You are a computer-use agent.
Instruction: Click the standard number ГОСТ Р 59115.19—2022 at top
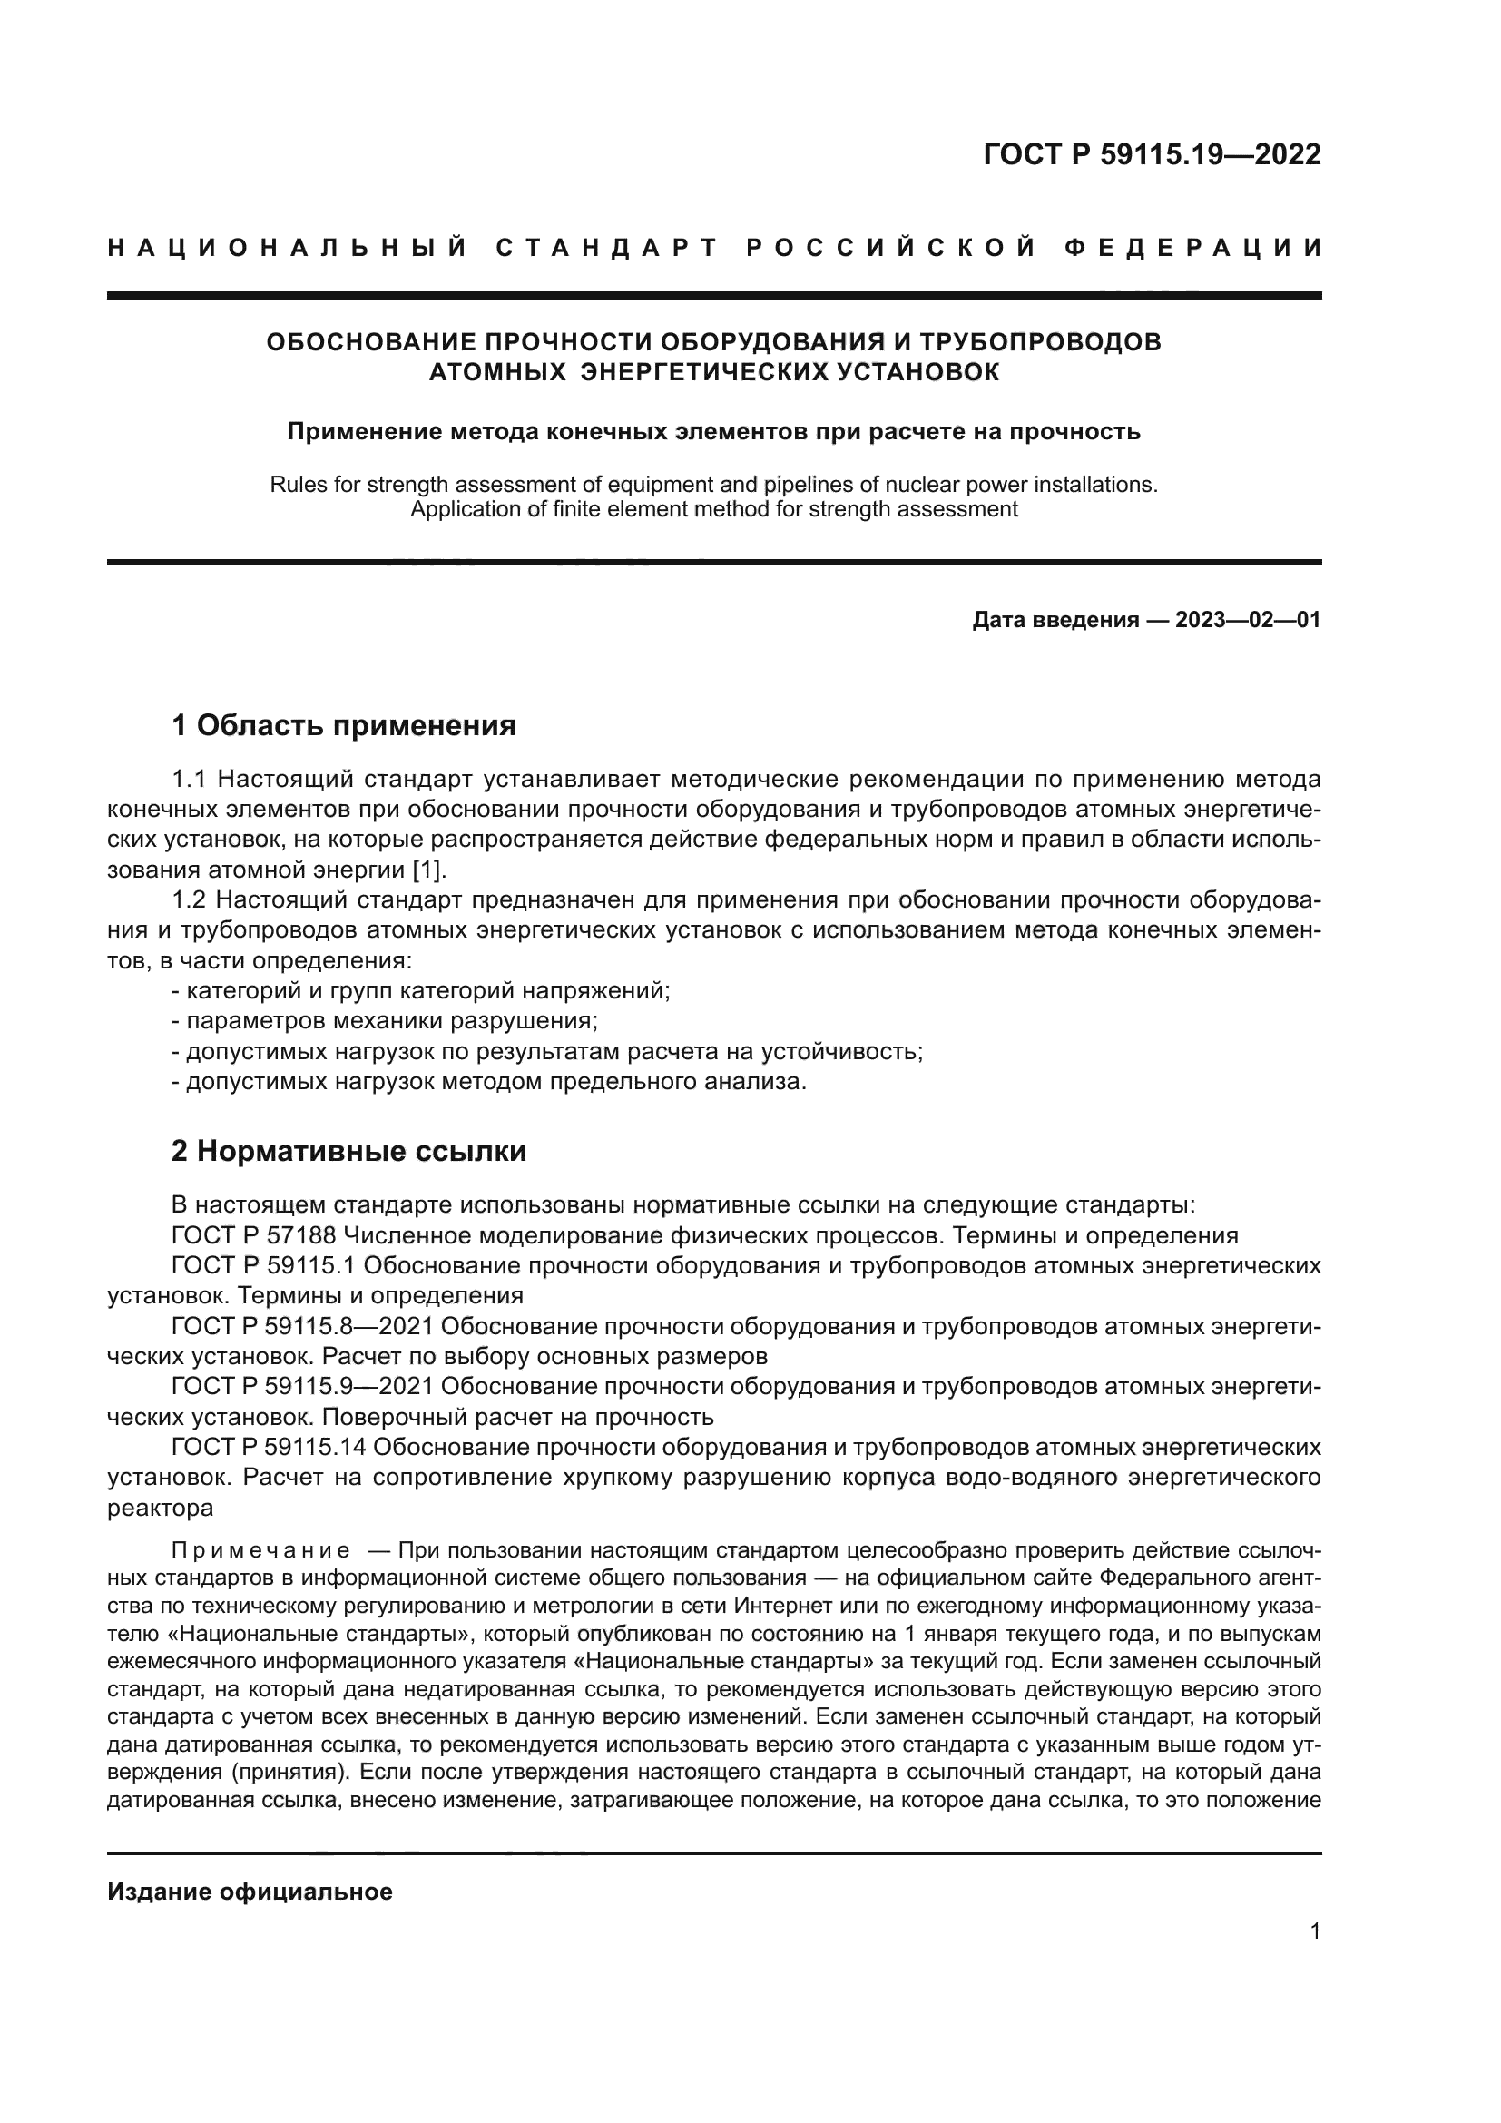tap(1152, 154)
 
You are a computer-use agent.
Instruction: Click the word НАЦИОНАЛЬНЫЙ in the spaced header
tap(288, 248)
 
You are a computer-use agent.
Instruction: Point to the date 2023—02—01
tap(1248, 620)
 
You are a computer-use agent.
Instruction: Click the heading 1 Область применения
tap(344, 726)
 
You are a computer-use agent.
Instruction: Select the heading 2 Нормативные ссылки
tap(349, 1151)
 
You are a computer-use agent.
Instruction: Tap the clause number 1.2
tap(190, 899)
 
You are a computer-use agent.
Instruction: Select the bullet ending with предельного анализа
tap(490, 1081)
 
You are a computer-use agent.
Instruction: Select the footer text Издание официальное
tap(250, 1892)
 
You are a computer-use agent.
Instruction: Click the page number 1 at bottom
tap(1315, 1931)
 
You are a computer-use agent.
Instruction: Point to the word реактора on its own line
tap(160, 1508)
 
